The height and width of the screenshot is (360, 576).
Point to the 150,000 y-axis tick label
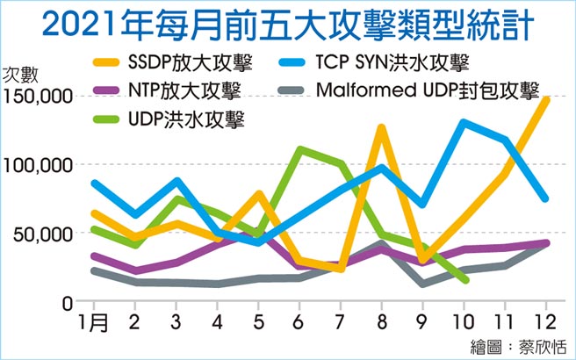[37, 97]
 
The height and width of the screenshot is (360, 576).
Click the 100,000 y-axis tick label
[37, 165]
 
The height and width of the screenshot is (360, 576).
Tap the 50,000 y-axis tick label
[41, 234]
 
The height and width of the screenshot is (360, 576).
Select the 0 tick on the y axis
[67, 302]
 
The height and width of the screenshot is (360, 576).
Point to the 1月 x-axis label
[94, 322]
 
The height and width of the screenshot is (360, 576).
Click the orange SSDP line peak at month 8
[381, 127]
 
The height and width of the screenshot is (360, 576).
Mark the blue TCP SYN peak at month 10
[464, 122]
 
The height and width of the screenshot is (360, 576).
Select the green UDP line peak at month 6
[299, 149]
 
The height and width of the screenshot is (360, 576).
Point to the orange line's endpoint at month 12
[545, 99]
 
